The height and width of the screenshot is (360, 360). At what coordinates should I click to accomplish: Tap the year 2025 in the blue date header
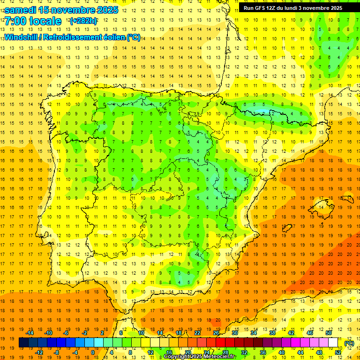[x=107, y=10]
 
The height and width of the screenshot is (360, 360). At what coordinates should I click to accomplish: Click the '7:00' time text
[x=15, y=21]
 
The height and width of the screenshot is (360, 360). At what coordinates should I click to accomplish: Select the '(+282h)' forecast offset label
[x=83, y=21]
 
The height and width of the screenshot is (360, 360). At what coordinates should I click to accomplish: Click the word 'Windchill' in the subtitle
[x=20, y=37]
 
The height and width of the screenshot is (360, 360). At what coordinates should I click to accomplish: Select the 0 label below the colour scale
[x=92, y=352]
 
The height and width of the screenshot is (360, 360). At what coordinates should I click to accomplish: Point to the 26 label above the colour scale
[x=216, y=333]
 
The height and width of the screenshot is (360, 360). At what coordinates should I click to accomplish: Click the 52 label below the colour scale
[x=338, y=352]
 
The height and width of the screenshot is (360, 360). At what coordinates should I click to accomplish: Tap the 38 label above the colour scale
[x=272, y=333]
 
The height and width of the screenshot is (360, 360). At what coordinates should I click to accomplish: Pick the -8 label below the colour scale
[x=57, y=352]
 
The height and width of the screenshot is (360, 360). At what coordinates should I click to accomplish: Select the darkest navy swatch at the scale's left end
[x=23, y=343]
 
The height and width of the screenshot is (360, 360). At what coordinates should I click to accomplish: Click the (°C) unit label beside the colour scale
[x=349, y=343]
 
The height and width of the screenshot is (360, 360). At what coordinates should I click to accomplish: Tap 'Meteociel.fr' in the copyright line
[x=219, y=357]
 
